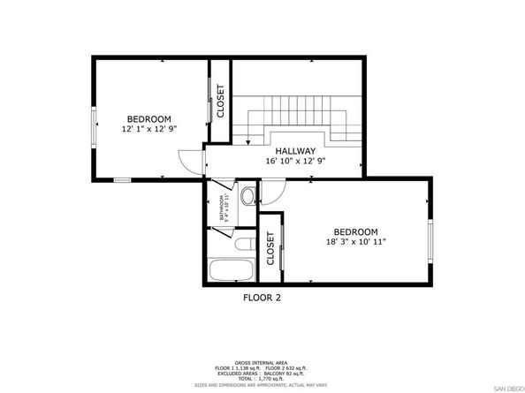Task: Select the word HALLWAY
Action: (x=291, y=151)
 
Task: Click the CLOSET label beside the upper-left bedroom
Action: (x=220, y=102)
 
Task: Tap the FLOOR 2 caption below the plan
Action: (x=262, y=298)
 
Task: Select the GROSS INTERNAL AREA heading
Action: (x=262, y=362)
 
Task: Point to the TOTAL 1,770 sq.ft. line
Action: (x=262, y=377)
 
